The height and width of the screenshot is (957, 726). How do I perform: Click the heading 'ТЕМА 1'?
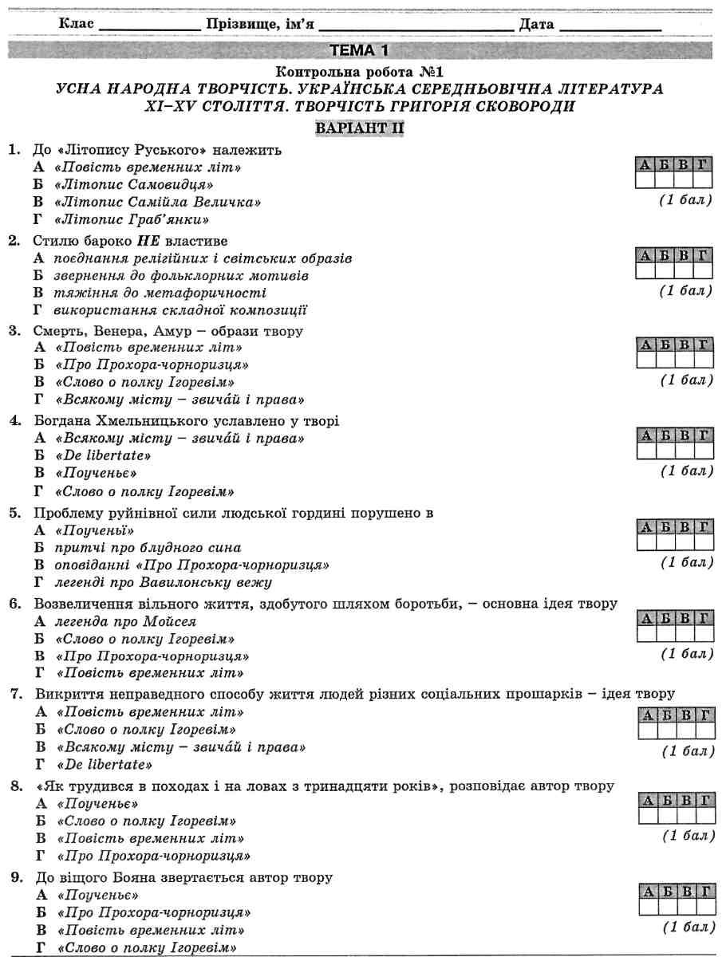coord(362,50)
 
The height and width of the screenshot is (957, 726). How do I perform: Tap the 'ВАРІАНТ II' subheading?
coord(362,128)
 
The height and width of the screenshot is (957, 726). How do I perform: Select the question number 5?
coord(14,513)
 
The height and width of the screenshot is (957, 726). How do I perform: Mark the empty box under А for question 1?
coord(644,180)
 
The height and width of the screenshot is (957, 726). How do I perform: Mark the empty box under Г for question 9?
coord(704,908)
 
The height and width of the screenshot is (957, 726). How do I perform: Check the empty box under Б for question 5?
coord(664,542)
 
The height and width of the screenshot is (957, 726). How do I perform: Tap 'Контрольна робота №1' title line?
coord(362,71)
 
